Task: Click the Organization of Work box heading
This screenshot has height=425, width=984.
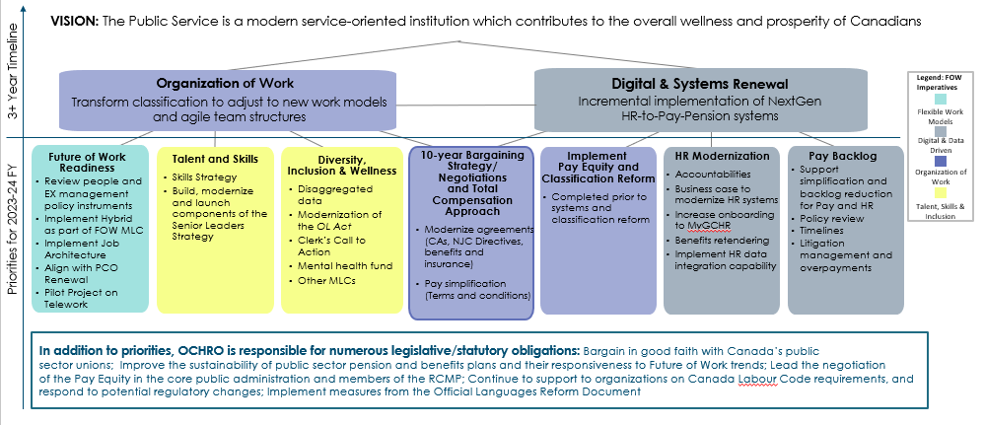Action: coord(225,83)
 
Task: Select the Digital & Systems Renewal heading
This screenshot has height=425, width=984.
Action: coord(702,83)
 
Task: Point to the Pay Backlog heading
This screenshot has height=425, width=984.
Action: coord(843,156)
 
